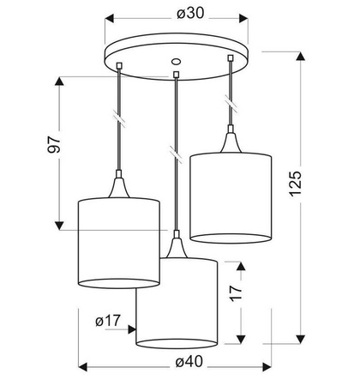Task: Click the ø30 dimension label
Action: (x=190, y=13)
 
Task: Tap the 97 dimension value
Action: (x=54, y=144)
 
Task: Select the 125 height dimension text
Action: (x=296, y=184)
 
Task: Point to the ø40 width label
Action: (x=189, y=362)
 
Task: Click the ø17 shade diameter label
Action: (x=108, y=321)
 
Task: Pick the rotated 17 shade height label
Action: (x=236, y=293)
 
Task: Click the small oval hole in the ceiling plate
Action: (x=176, y=62)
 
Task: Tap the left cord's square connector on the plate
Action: (x=119, y=66)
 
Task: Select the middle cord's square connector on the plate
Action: (x=177, y=75)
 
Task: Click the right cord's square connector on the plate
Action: (x=230, y=58)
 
